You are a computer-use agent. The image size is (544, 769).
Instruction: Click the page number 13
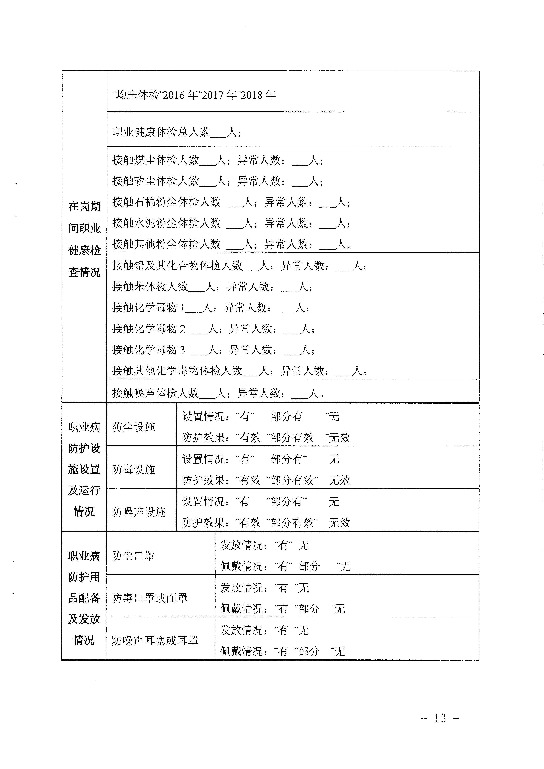[x=440, y=718]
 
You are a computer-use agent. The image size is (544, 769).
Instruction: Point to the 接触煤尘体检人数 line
[x=218, y=160]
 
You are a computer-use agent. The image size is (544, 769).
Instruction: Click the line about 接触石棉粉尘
[x=231, y=202]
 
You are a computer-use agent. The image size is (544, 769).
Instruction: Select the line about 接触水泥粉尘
[x=231, y=223]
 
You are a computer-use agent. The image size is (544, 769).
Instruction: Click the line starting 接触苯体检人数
[x=212, y=287]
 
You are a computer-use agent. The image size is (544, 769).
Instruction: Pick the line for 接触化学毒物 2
[x=213, y=329]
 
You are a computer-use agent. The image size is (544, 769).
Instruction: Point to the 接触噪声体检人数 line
[x=218, y=393]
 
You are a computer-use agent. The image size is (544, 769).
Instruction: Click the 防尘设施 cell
[x=134, y=427]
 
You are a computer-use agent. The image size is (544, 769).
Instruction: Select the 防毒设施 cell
[x=134, y=470]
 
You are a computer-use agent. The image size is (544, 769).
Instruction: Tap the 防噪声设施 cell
[x=139, y=512]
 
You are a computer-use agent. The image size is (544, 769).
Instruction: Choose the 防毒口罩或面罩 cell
[x=150, y=598]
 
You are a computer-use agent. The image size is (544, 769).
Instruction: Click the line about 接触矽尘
[x=218, y=181]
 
